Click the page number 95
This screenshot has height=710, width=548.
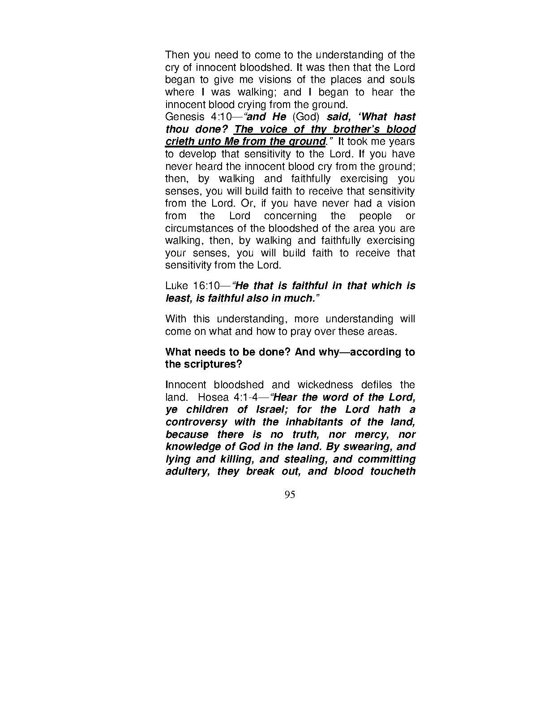pyautogui.click(x=290, y=495)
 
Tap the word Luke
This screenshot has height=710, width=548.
pyautogui.click(x=176, y=286)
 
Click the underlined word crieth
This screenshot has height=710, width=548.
pyautogui.click(x=179, y=142)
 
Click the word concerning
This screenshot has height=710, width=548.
pyautogui.click(x=290, y=216)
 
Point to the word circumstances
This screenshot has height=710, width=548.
pyautogui.click(x=196, y=229)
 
